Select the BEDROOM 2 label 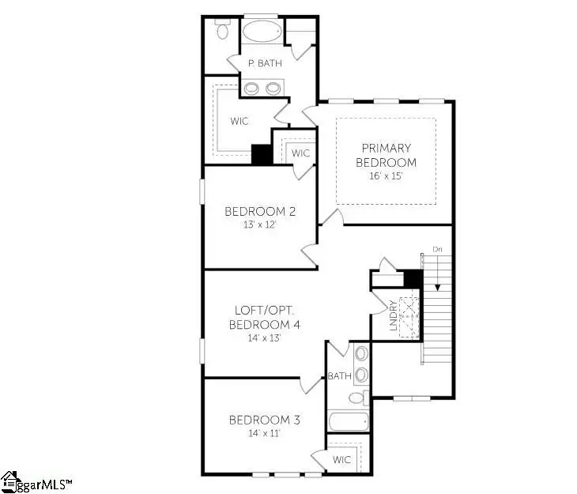tap(249, 211)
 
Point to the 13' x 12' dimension tap(249, 224)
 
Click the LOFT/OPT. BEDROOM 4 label tap(265, 317)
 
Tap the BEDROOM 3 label tap(253, 419)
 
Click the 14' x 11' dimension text tap(253, 432)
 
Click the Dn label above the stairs tap(437, 249)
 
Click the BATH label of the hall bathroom tap(340, 376)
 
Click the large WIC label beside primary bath tap(239, 122)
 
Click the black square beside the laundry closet tap(411, 278)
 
